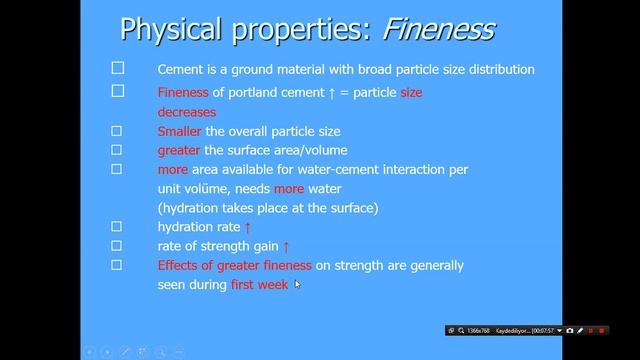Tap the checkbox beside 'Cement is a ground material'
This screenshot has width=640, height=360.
click(117, 69)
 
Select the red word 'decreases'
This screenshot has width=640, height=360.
click(186, 112)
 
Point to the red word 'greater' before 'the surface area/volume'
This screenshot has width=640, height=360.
click(179, 150)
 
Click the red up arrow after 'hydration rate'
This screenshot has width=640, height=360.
click(248, 227)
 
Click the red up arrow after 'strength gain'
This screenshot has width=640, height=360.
click(286, 246)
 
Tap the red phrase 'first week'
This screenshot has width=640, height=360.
click(259, 284)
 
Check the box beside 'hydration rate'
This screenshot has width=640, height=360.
click(117, 226)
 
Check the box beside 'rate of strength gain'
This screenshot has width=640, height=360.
click(117, 245)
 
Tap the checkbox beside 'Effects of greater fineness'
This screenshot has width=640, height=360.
click(117, 264)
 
